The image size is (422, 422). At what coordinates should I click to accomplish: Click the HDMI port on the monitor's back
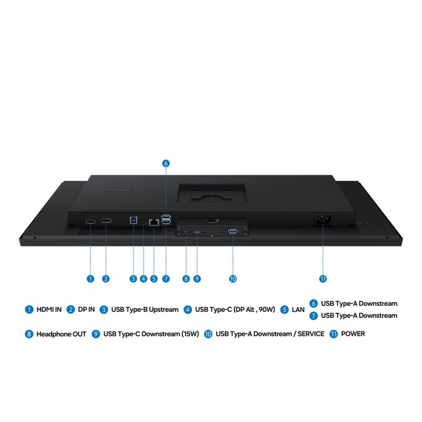[x=90, y=221]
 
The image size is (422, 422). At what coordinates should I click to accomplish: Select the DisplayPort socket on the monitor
[x=106, y=221]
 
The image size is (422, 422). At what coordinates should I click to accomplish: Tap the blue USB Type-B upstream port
[x=133, y=220]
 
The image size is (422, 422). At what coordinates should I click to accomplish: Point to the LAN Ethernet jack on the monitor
[x=154, y=222]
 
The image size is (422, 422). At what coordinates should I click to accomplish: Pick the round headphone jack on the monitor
[x=186, y=232]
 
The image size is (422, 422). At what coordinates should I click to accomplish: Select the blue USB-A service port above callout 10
[x=232, y=231]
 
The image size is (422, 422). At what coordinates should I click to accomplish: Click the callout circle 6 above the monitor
[x=166, y=163]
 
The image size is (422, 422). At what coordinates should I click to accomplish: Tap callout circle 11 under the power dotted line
[x=323, y=279]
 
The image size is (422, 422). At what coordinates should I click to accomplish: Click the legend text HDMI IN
[x=49, y=309]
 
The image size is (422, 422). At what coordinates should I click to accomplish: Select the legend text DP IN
[x=86, y=309]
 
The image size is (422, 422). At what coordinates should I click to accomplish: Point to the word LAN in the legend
[x=298, y=310]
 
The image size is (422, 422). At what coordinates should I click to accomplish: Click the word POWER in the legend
[x=353, y=334]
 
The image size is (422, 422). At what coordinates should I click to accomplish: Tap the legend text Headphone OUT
[x=61, y=334]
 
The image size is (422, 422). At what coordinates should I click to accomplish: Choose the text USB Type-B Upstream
[x=144, y=309]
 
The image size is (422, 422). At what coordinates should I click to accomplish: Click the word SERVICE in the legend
[x=311, y=334]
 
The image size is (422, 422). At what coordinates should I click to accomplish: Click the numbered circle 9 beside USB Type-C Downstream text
[x=96, y=334]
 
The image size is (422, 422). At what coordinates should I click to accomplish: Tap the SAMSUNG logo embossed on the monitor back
[x=117, y=191]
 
